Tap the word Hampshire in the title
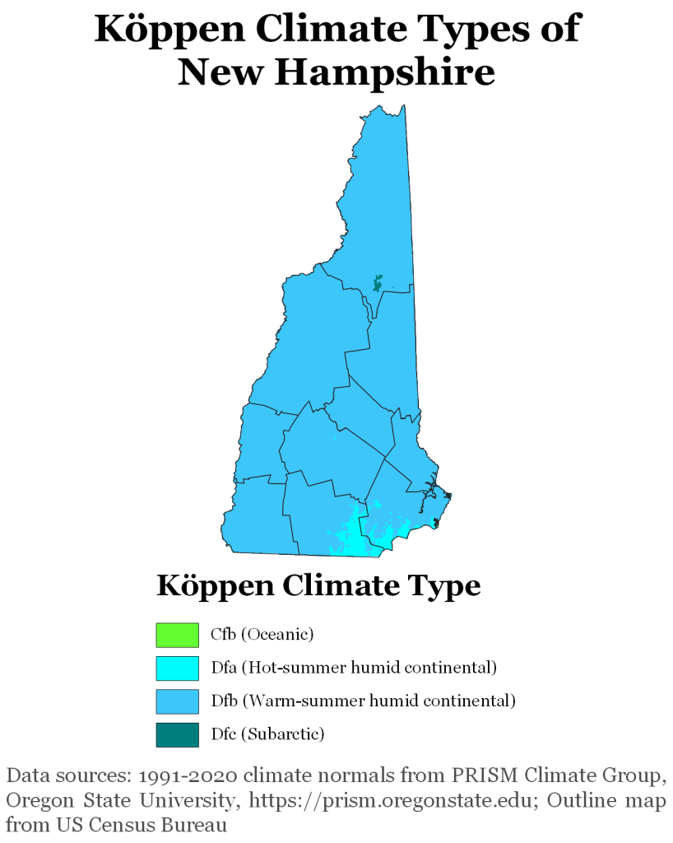pos(384,72)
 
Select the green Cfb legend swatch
pos(177,635)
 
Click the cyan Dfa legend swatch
pos(177,668)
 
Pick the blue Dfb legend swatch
pos(177,701)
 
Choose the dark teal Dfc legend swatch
pos(177,734)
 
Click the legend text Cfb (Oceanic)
pos(262,635)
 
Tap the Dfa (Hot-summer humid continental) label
pos(354,668)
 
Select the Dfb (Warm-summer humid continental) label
pos(363,701)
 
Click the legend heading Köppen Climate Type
pos(318,587)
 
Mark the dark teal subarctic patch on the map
pos(378,282)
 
